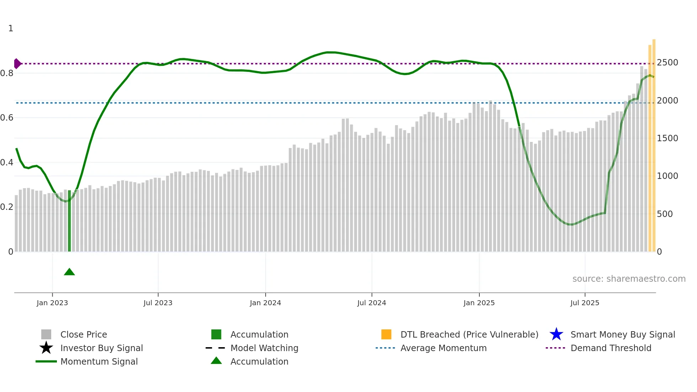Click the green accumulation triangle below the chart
69,272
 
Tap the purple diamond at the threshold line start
17,64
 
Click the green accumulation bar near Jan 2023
69,221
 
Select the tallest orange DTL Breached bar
654,142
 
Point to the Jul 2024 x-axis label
372,303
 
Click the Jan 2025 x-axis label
479,303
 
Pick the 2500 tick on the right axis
667,63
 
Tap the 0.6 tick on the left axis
7,118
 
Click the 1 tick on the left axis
11,28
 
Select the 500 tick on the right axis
665,214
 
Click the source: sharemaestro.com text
629,279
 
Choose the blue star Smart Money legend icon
556,334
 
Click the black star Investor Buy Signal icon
46,348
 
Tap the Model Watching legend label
264,348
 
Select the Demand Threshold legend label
611,348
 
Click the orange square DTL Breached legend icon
386,334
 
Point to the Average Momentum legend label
443,348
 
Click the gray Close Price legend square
46,334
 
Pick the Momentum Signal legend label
99,361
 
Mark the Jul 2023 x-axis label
158,303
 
